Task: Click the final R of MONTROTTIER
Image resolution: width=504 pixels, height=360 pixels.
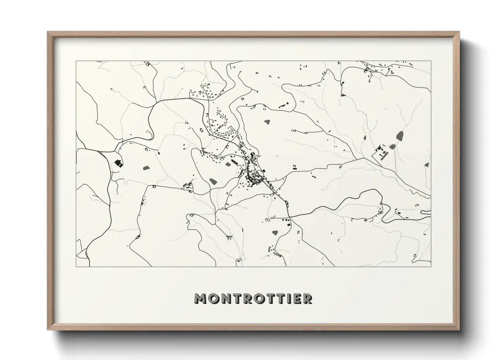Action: [307, 299]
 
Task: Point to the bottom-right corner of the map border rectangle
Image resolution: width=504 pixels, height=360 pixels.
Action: [431, 266]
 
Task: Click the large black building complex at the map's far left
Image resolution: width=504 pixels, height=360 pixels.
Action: [119, 163]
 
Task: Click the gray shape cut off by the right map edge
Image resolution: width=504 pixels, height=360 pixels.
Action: [427, 165]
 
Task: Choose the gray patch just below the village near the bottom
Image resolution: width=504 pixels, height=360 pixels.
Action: [275, 233]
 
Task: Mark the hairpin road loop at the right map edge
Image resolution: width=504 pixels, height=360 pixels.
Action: [426, 212]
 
